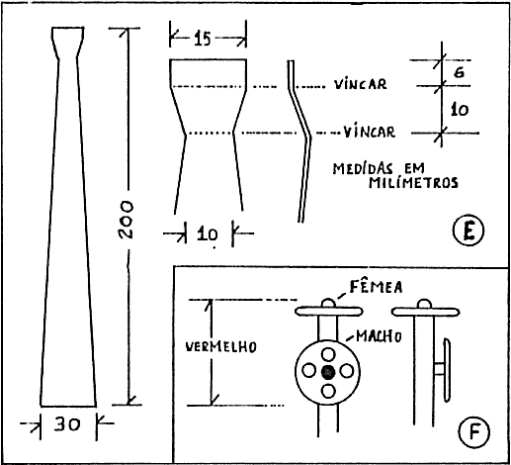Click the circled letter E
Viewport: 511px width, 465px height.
468,231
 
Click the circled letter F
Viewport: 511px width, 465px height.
474,432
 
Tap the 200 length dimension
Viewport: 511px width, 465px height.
126,220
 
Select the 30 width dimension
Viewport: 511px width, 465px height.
67,424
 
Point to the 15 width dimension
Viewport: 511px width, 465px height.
202,39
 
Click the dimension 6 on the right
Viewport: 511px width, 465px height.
459,72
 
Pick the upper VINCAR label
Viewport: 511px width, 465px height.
361,84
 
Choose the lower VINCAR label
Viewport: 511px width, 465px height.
370,132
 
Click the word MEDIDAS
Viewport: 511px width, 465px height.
363,168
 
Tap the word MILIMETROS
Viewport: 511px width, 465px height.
413,182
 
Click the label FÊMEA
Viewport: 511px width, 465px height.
376,287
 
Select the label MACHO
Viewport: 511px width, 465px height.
379,336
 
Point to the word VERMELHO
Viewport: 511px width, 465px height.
221,346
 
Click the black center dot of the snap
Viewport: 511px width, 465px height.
328,373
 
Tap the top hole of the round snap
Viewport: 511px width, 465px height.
328,354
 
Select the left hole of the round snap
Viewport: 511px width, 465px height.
309,371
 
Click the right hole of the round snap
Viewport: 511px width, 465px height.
347,371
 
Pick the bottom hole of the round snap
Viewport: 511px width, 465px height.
328,391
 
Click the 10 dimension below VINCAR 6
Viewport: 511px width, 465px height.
460,109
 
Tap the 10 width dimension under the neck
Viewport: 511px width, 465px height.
208,234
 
